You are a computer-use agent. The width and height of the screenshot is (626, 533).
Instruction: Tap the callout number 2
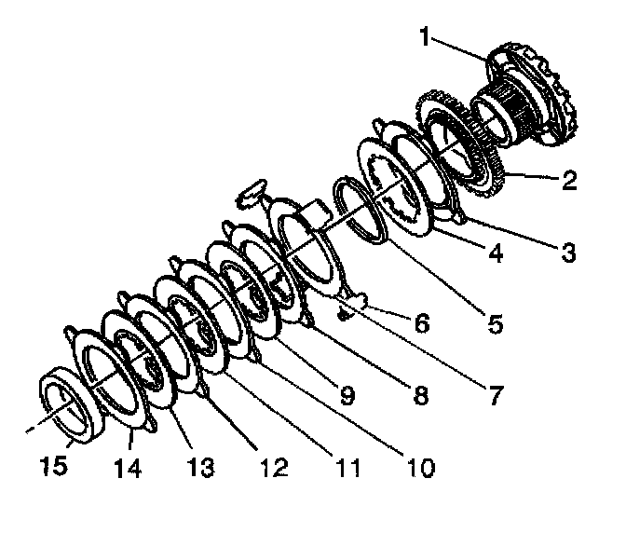click(x=568, y=182)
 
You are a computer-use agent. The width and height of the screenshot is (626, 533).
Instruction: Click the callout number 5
click(x=495, y=325)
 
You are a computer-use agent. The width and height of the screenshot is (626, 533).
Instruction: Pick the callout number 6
click(x=422, y=323)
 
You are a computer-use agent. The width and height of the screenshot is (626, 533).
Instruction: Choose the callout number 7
click(x=494, y=394)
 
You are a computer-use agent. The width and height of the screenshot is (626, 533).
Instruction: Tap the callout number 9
click(x=347, y=395)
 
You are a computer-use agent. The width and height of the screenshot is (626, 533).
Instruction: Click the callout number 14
click(x=128, y=465)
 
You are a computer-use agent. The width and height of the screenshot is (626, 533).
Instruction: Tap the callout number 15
click(x=54, y=465)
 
